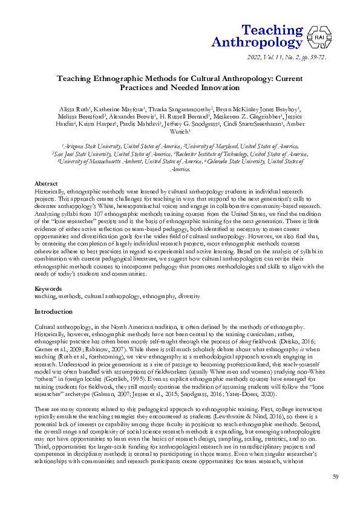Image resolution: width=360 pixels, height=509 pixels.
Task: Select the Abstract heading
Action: coord(46,183)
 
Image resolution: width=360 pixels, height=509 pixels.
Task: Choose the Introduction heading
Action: coord(54,312)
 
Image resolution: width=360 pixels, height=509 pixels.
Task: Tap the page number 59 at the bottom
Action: coord(336,478)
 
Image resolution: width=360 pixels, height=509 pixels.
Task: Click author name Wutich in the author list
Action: coord(180,131)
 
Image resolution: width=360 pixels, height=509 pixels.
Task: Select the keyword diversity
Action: coord(188,297)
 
